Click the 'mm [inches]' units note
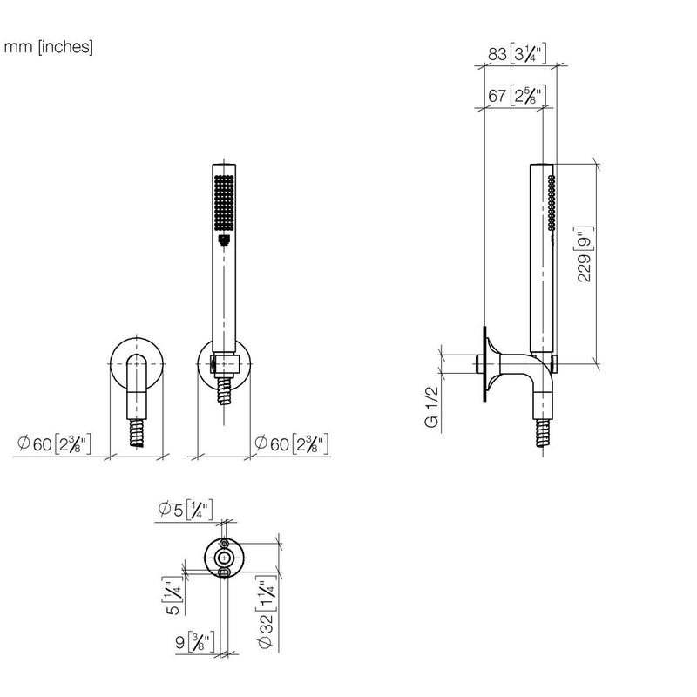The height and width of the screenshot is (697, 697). tap(49, 47)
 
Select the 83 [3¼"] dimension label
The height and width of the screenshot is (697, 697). tap(517, 53)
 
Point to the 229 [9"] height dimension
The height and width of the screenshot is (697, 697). tap(585, 254)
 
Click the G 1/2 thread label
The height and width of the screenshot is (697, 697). tap(431, 407)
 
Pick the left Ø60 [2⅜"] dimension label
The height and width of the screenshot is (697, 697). tap(54, 443)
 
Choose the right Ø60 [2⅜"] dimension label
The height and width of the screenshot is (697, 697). tap(292, 443)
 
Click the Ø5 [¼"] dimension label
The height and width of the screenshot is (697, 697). tap(186, 510)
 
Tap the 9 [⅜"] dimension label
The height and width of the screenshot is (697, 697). tap(195, 642)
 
